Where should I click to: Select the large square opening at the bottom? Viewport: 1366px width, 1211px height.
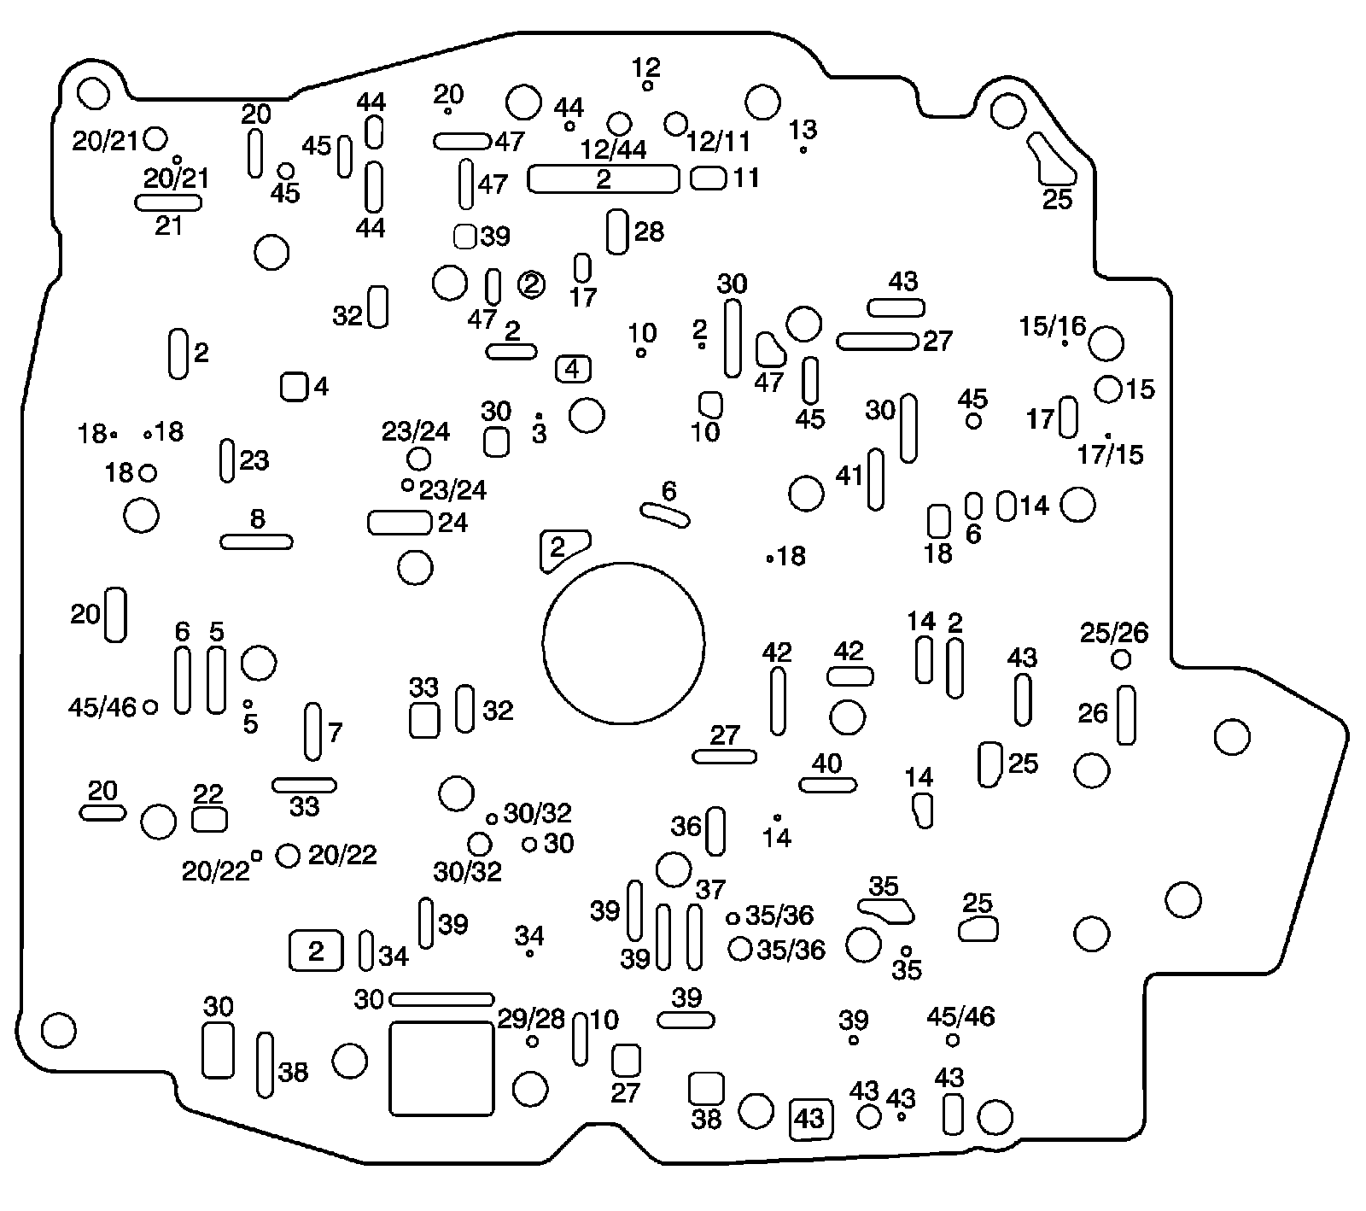point(441,1068)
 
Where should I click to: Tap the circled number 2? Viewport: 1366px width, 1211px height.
point(531,284)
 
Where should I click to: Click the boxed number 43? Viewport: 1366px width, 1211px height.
point(809,1118)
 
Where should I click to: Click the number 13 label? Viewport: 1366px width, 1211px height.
point(803,130)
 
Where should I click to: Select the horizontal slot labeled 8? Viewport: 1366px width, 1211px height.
point(256,541)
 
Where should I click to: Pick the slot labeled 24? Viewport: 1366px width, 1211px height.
point(399,522)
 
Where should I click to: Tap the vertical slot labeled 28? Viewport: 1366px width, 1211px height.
point(616,231)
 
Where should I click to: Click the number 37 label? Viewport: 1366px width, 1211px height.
point(709,890)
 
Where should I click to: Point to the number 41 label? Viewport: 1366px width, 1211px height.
point(849,476)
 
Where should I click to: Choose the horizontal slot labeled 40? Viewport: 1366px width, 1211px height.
point(827,785)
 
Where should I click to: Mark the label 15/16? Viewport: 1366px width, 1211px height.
point(1053,325)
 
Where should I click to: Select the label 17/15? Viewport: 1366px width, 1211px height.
point(1110,454)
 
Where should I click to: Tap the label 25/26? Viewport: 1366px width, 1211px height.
point(1114,633)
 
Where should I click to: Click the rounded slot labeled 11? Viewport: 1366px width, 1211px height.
point(708,178)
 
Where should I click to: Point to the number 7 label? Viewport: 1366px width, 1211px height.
point(335,733)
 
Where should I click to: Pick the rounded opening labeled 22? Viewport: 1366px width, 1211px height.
point(209,820)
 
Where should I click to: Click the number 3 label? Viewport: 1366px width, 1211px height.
point(539,434)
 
